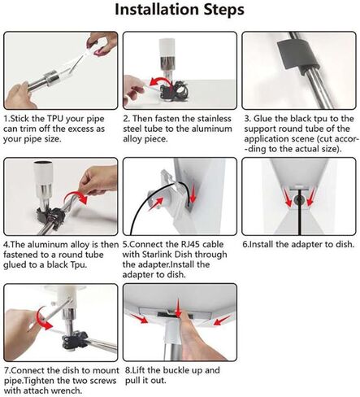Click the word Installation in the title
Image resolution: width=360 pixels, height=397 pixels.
pos(158,10)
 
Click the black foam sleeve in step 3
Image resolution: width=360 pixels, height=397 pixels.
pos(298,56)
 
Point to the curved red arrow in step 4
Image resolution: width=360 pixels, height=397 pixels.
pos(77,196)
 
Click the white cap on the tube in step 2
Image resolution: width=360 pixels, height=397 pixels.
pos(167,48)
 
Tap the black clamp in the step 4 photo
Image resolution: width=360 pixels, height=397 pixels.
pos(51,217)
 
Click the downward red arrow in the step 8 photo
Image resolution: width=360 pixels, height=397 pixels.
pos(178,308)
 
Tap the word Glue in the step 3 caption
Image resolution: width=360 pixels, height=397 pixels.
pos(262,119)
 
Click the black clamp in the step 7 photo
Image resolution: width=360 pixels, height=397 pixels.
pos(75,340)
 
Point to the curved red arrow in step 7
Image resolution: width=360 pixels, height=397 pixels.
pos(42,320)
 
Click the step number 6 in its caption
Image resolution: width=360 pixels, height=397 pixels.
pos(245,245)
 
